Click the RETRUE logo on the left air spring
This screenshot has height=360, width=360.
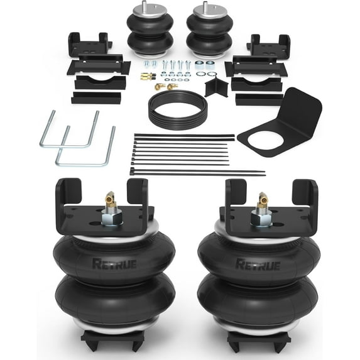pos(114,264)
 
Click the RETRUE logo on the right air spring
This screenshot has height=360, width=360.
pos(258,265)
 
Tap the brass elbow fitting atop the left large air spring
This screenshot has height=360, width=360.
pos(111,198)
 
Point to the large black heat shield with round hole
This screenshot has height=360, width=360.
pos(280,123)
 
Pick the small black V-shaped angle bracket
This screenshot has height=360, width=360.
pos(216,87)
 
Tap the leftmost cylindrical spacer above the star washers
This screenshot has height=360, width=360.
pos(199,66)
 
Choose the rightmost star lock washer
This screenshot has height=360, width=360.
pos(212,74)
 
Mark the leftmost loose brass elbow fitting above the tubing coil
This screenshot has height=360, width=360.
pos(158,87)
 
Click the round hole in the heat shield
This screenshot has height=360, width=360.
pos(266,139)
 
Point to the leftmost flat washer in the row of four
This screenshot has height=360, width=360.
pos(168,80)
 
